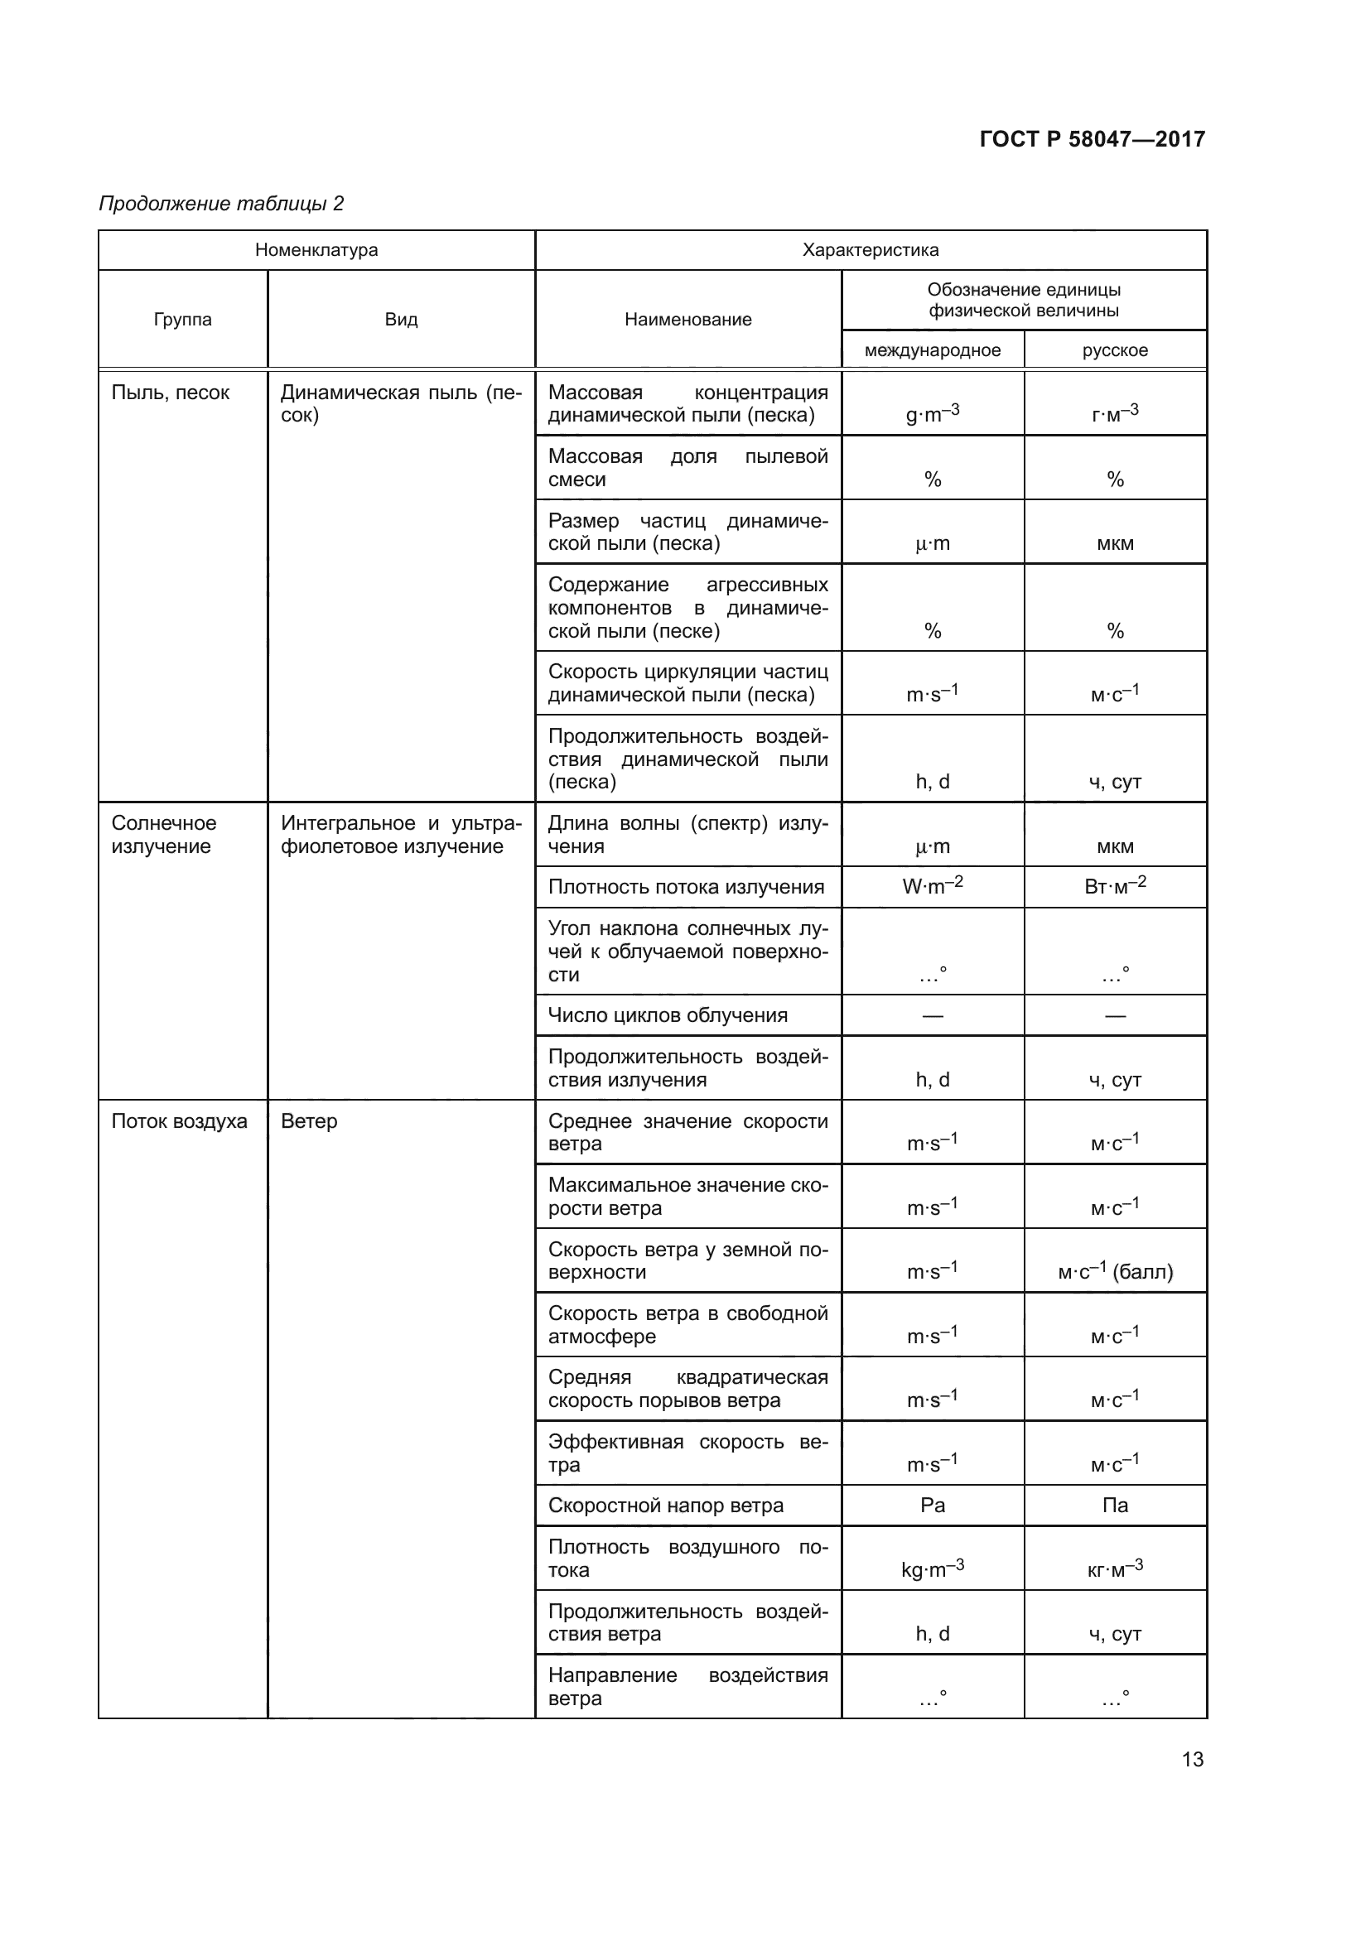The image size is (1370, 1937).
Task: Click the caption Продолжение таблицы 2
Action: point(221,205)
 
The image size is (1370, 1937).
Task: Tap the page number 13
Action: point(1192,1759)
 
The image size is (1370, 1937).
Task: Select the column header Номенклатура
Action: point(316,250)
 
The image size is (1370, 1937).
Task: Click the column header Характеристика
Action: point(870,250)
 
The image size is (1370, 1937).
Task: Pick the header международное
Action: point(932,350)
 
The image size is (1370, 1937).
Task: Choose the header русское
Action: point(1114,350)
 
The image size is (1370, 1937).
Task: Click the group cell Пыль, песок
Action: point(171,393)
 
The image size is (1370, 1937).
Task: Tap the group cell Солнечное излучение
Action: point(164,835)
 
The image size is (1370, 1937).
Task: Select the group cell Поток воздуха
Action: point(179,1121)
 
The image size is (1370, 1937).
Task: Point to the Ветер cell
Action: point(309,1121)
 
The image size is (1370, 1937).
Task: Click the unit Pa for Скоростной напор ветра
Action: point(932,1505)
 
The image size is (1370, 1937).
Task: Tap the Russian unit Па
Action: point(1114,1505)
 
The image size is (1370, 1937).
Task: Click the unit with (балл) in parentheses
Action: point(1115,1271)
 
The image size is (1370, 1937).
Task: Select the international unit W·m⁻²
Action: point(932,886)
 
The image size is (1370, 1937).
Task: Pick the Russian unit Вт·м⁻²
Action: point(1114,886)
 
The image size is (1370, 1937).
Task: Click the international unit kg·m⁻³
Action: point(932,1569)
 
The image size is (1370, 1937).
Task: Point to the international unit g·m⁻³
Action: point(932,414)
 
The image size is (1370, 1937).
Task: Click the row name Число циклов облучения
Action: point(668,1015)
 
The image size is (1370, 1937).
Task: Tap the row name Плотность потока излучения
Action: point(686,887)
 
